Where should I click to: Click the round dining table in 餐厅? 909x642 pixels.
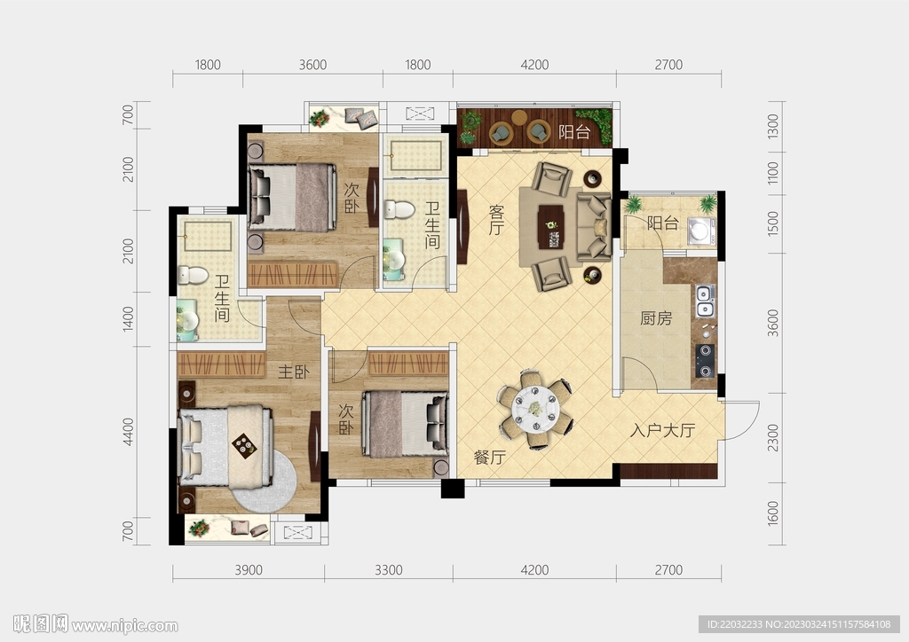(535, 409)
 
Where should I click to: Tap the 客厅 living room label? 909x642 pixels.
(496, 219)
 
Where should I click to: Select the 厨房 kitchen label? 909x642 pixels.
(656, 318)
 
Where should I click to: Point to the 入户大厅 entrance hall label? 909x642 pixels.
(662, 430)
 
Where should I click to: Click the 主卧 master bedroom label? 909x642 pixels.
(293, 372)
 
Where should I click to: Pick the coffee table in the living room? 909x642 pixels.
(550, 227)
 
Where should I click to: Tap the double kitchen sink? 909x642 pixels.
(705, 301)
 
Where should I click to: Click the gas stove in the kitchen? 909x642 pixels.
(705, 361)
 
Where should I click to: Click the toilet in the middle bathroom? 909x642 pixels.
(399, 209)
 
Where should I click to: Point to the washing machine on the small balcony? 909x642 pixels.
(700, 231)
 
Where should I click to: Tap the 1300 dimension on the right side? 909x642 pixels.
(773, 126)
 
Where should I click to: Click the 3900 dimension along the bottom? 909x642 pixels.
(249, 570)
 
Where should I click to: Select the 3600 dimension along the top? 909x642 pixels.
(312, 65)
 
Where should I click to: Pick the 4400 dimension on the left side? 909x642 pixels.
(128, 432)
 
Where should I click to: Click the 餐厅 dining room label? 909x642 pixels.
(490, 458)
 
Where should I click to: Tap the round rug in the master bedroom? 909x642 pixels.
(265, 481)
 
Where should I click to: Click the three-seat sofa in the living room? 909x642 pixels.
(594, 227)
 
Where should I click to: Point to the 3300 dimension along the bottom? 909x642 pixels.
(389, 570)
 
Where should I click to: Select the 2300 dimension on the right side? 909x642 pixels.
(773, 438)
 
